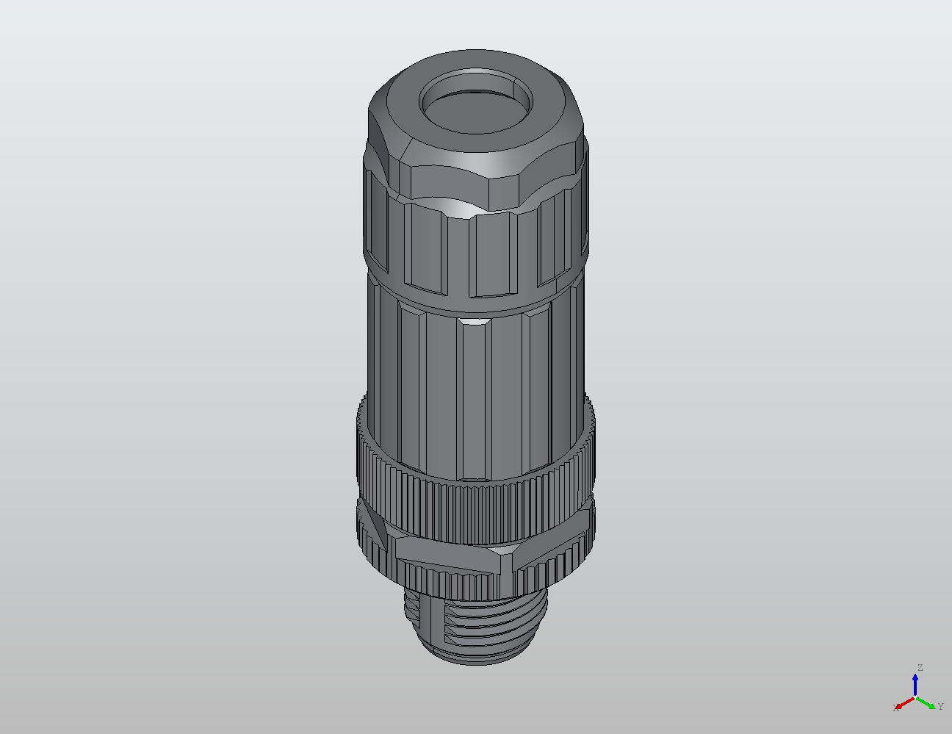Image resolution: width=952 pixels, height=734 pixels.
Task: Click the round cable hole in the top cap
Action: (x=475, y=102)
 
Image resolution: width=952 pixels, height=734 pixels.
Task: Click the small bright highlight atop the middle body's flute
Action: (x=472, y=321)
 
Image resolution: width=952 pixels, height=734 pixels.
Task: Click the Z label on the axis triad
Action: (x=919, y=668)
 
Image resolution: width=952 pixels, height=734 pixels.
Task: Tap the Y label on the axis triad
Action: (x=940, y=706)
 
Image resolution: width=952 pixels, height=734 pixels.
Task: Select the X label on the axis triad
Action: (x=895, y=708)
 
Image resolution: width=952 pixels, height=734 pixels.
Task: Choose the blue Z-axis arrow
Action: (x=915, y=683)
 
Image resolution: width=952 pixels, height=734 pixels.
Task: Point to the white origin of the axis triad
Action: (x=915, y=697)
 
